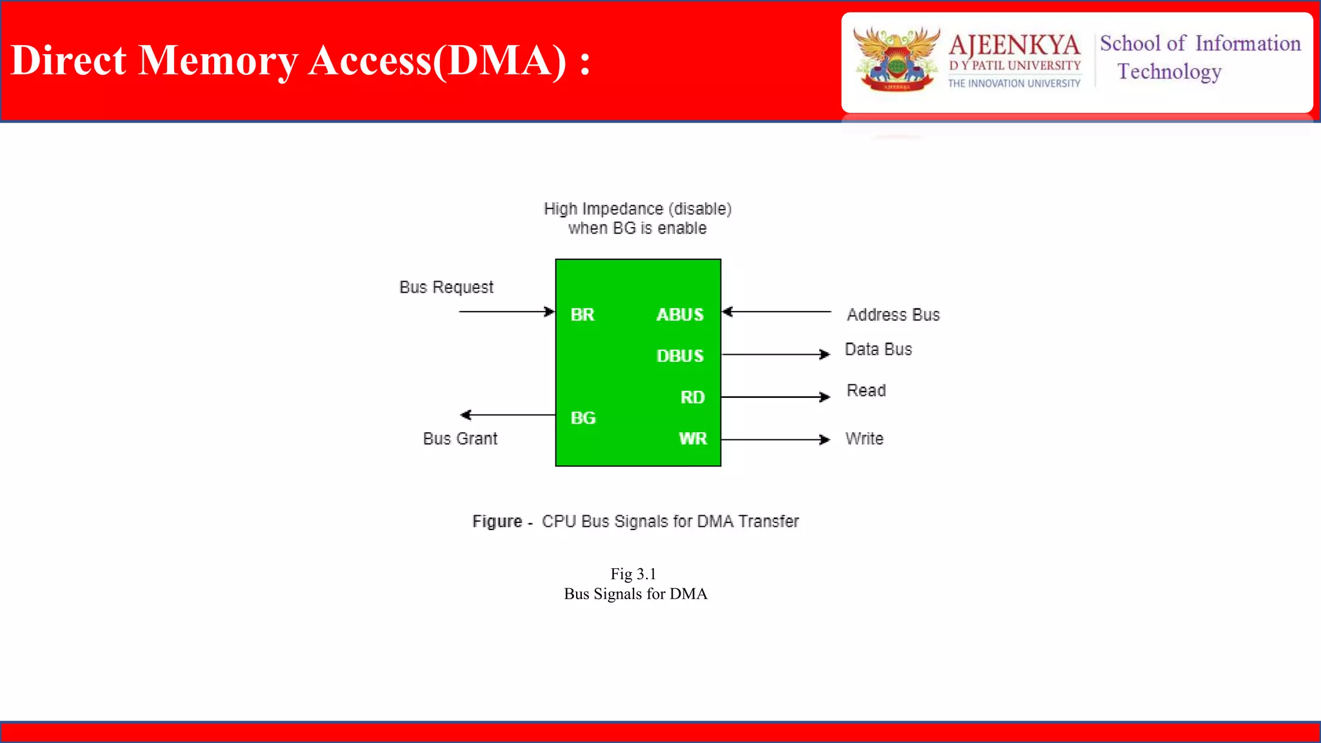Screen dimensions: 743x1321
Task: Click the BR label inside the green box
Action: [x=582, y=315]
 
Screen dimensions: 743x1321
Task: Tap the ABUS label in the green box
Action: [x=679, y=315]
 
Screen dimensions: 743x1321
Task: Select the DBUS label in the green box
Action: [x=679, y=356]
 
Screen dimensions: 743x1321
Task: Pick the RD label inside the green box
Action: [x=692, y=397]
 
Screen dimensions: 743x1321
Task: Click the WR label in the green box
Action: [x=692, y=439]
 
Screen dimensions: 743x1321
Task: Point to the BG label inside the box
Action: [x=582, y=418]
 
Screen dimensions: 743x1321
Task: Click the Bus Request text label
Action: [x=446, y=287]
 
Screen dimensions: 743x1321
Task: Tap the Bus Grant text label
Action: [x=460, y=439]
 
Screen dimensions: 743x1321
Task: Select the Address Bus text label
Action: [x=893, y=315]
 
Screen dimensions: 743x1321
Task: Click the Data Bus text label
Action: [x=878, y=349]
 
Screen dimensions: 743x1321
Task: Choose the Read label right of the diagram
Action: [x=866, y=390]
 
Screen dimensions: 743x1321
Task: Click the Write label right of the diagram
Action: [x=864, y=439]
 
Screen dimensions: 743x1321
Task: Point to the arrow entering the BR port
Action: [x=506, y=312]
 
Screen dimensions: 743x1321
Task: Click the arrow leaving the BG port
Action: [x=508, y=415]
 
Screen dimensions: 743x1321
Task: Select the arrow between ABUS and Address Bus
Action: [x=777, y=312]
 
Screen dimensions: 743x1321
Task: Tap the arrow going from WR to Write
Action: [x=775, y=440]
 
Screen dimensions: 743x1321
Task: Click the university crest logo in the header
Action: [x=896, y=59]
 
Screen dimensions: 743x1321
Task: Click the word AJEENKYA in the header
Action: [x=1014, y=45]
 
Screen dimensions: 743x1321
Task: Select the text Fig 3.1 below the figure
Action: [x=633, y=574]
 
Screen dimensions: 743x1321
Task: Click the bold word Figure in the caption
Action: [x=497, y=521]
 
